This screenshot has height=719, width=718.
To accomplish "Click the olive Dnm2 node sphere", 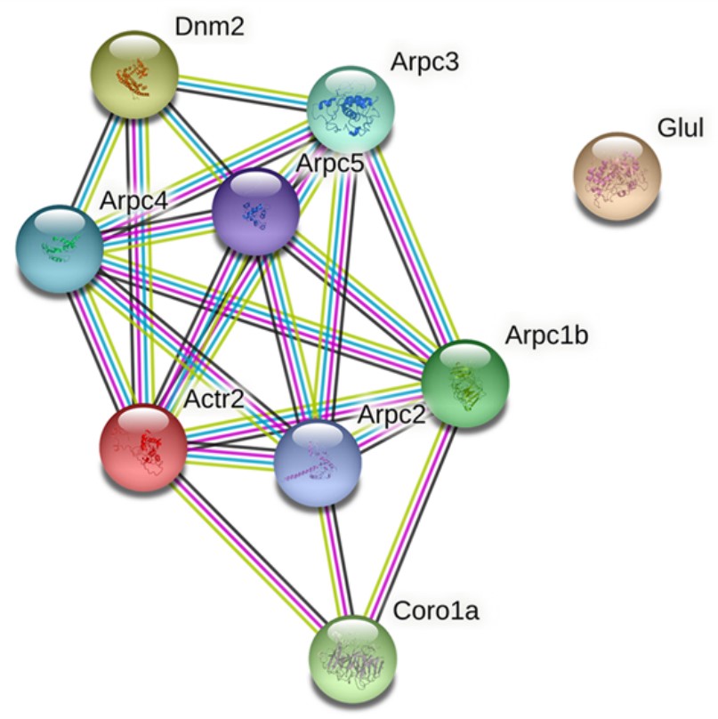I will coord(135,75).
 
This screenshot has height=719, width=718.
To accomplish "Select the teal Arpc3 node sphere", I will coord(351,108).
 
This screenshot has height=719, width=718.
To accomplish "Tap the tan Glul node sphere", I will coord(617,175).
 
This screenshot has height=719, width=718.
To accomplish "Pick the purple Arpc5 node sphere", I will coord(255,211).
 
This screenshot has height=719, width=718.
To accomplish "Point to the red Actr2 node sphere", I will coord(143,447).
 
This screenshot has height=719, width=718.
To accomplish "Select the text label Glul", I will coord(680,129).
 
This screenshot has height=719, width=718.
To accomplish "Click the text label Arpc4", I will coord(133,200).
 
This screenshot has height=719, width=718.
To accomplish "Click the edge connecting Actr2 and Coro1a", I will coord(249,553).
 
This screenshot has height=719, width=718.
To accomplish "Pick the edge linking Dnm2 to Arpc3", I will coord(242,92).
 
